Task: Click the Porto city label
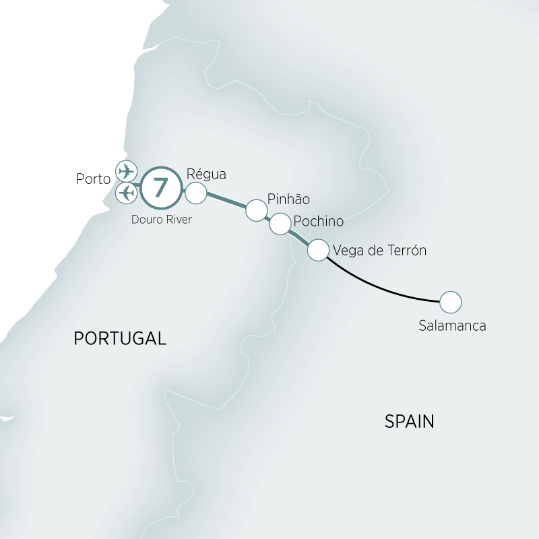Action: point(94,180)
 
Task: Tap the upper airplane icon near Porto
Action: point(126,170)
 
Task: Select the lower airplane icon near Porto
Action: point(126,193)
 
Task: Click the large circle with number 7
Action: point(160,187)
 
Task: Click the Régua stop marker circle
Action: point(195,193)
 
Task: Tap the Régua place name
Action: point(207,174)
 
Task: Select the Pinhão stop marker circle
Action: point(256,210)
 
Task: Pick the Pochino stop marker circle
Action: point(280,224)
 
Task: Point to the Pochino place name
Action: point(319,222)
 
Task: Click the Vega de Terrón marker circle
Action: point(318,251)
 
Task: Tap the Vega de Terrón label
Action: point(379,251)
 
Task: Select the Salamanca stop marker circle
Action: point(450,301)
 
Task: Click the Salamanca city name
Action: point(451,326)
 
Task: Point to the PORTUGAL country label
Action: point(119,338)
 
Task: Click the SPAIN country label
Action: point(409,422)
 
